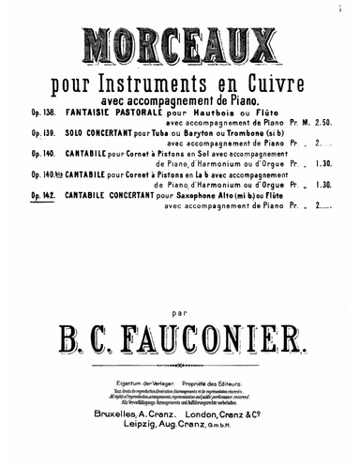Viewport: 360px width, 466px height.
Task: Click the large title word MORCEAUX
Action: [x=180, y=45]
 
